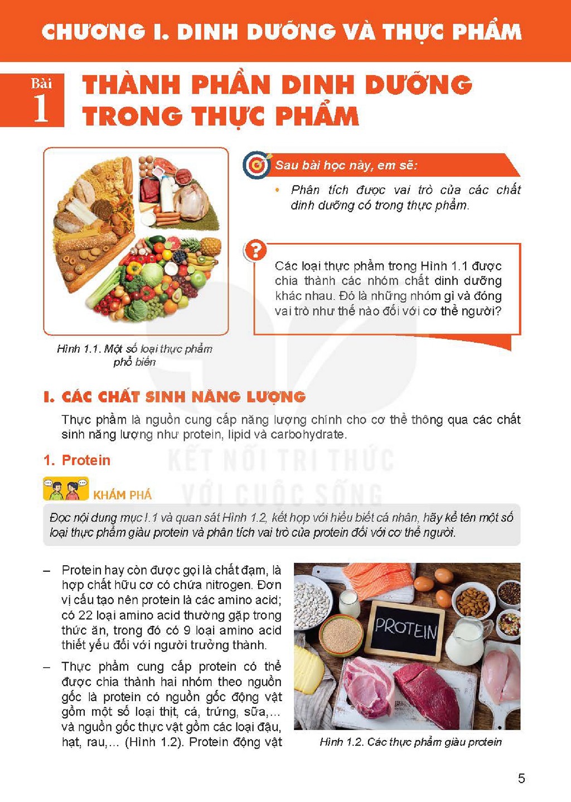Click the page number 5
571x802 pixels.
click(x=521, y=779)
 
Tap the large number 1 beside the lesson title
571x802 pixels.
click(x=41, y=109)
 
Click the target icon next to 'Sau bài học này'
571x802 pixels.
click(x=257, y=165)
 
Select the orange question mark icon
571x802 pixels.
click(x=255, y=250)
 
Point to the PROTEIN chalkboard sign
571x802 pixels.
click(x=405, y=631)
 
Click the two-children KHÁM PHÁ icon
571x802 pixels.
click(x=66, y=488)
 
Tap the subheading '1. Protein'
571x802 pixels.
click(x=76, y=460)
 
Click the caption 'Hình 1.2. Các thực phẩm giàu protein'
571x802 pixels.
click(x=410, y=742)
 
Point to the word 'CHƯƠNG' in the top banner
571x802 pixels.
click(x=93, y=32)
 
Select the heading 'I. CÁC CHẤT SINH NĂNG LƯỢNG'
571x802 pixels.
click(x=175, y=397)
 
